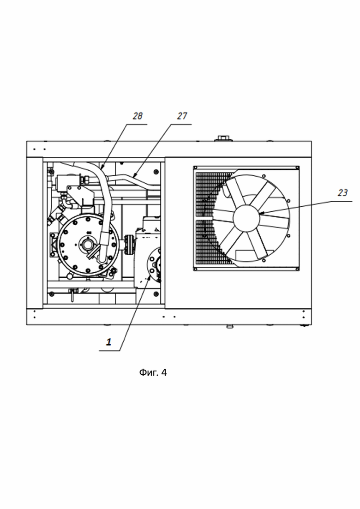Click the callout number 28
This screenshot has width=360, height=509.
click(138, 116)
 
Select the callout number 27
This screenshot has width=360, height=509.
click(182, 116)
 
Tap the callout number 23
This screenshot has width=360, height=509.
click(342, 193)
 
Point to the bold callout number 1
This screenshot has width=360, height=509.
click(109, 342)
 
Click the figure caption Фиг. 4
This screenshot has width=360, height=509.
click(153, 373)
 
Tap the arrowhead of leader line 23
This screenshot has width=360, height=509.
click(261, 213)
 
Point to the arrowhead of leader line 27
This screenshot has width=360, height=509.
click(133, 176)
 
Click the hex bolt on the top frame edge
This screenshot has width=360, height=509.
click(223, 138)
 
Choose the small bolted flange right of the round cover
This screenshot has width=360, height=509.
click(129, 243)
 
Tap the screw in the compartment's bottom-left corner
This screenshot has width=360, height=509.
click(50, 293)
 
